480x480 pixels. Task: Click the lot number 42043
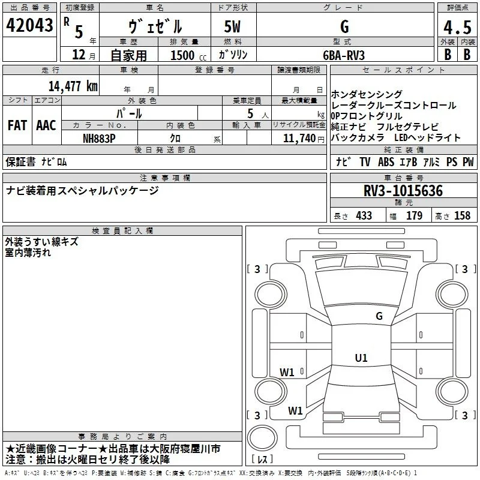pyautogui.click(x=29, y=25)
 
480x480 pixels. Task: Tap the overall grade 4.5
pyautogui.click(x=457, y=27)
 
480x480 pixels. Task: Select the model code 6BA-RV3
pyautogui.click(x=344, y=55)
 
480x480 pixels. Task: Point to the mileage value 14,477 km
pyautogui.click(x=73, y=86)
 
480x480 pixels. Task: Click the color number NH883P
pyautogui.click(x=99, y=139)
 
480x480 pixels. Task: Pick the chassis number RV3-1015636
pyautogui.click(x=403, y=191)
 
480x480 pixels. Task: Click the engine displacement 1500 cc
pyautogui.click(x=188, y=55)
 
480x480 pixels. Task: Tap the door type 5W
pyautogui.click(x=232, y=26)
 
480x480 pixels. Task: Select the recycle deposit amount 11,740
pyautogui.click(x=299, y=139)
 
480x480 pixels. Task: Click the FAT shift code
pyautogui.click(x=17, y=125)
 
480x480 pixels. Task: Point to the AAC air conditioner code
pyautogui.click(x=46, y=125)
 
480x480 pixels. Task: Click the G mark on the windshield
pyautogui.click(x=379, y=316)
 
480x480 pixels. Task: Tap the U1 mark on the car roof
pyautogui.click(x=361, y=358)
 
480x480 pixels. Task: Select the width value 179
pyautogui.click(x=414, y=215)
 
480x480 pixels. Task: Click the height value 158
pyautogui.click(x=462, y=215)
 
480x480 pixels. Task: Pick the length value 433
pyautogui.click(x=364, y=215)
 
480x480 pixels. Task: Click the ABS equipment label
pyautogui.click(x=386, y=161)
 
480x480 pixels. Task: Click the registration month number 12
pyautogui.click(x=79, y=55)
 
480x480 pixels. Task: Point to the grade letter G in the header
pyautogui.click(x=344, y=26)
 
